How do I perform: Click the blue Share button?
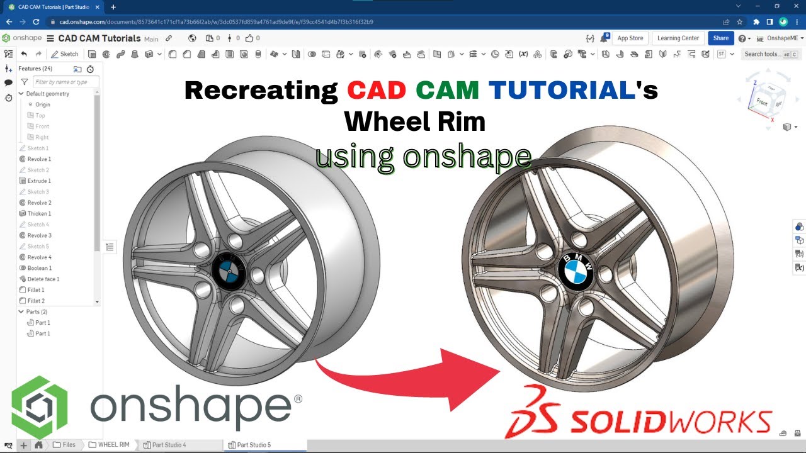tap(720, 38)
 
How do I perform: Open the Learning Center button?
tap(678, 38)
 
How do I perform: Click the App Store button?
tap(630, 38)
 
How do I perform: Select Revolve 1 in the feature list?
tap(39, 159)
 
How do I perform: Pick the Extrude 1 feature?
tap(39, 181)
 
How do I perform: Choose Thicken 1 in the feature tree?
tap(39, 214)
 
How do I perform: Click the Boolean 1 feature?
tap(39, 268)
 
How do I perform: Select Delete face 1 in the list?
tap(43, 279)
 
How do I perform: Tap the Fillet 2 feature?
tap(36, 301)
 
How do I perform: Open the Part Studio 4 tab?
tap(169, 445)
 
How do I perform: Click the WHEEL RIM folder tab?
tap(113, 445)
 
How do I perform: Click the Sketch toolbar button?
tap(65, 54)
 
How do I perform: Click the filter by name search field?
tap(65, 82)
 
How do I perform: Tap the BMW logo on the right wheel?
tap(576, 272)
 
